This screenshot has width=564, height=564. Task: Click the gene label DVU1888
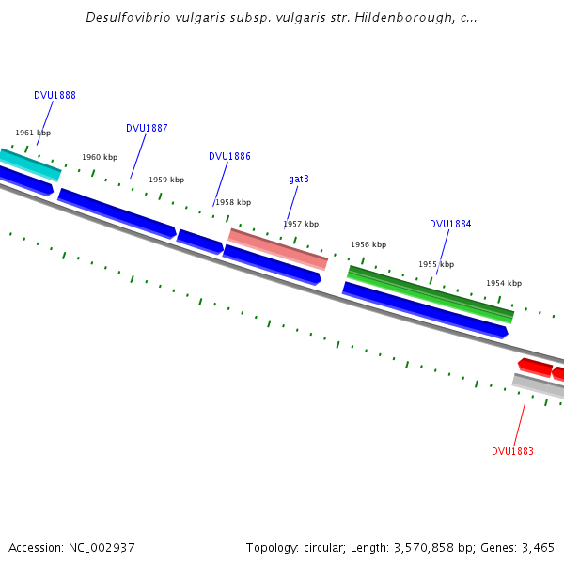pos(55,96)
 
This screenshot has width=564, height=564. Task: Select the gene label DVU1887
pos(147,129)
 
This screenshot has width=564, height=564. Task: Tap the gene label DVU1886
pos(229,157)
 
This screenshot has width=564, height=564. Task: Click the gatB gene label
pos(299,180)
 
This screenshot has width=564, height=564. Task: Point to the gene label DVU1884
pos(450,225)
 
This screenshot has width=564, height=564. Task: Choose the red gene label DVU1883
pos(512,452)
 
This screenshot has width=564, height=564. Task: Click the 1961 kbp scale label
pos(33,133)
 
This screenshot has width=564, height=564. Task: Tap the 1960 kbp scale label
pos(100,158)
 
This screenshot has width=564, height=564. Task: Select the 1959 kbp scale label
pos(166,180)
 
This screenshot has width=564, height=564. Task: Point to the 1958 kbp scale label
pos(233,203)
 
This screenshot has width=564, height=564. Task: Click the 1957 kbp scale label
pos(301,225)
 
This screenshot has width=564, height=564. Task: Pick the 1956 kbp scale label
pos(368,245)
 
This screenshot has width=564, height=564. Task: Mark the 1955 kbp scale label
pos(436,265)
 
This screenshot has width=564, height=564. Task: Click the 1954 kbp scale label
pos(504,284)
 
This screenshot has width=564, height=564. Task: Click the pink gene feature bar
pos(278,249)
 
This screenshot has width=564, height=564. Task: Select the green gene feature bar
pos(431,293)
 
